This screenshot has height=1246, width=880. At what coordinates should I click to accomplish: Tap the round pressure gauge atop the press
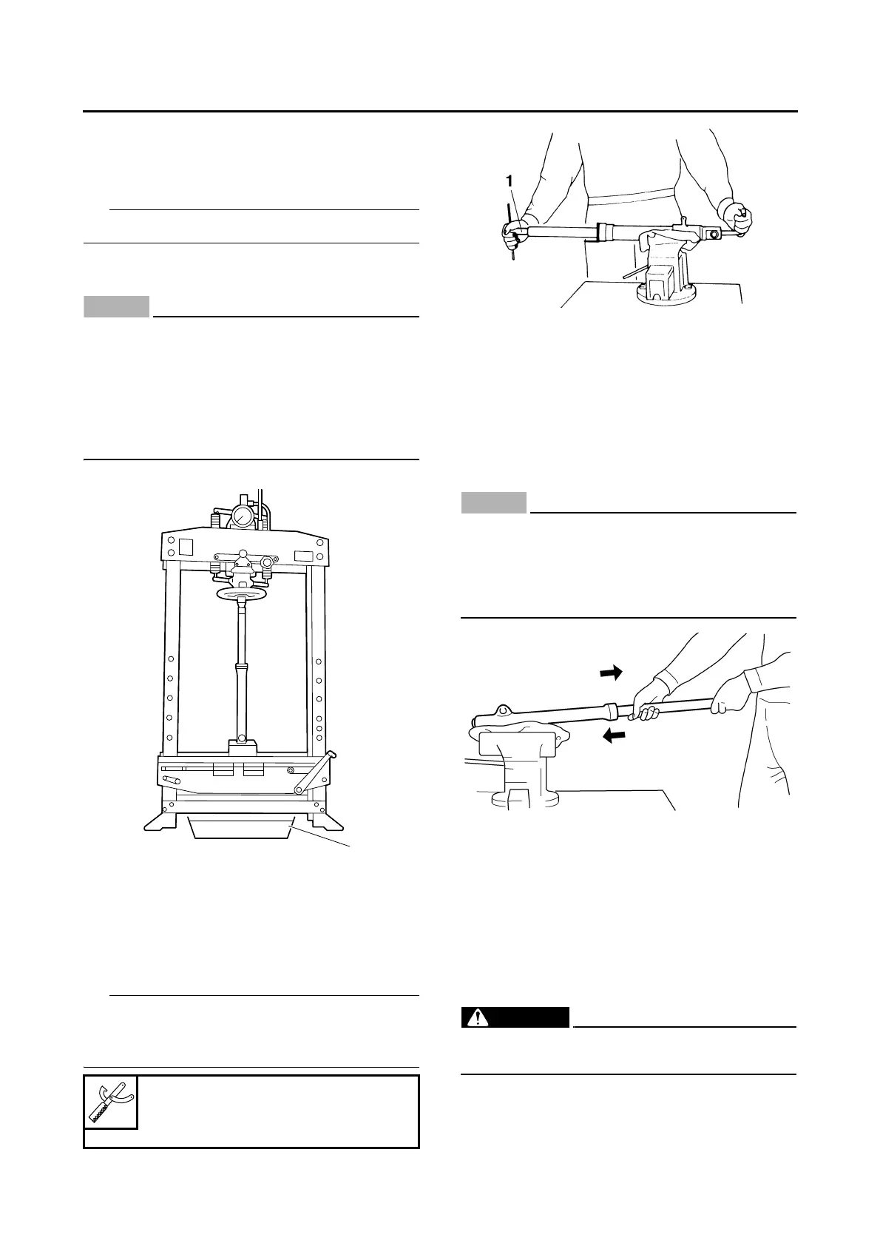tap(242, 516)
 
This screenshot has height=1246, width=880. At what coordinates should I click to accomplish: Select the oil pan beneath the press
tap(240, 827)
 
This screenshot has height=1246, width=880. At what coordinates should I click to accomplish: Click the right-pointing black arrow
tap(611, 672)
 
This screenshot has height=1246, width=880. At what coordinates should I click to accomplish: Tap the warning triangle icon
tap(482, 1018)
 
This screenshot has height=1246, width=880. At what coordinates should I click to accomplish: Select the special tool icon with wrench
tap(111, 1102)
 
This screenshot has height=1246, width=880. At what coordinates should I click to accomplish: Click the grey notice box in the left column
tap(117, 306)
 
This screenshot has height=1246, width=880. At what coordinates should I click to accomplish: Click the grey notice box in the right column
tap(494, 503)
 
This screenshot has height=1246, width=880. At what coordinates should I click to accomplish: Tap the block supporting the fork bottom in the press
tap(242, 748)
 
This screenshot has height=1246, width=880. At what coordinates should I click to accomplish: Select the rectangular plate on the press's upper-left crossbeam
tap(186, 548)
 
